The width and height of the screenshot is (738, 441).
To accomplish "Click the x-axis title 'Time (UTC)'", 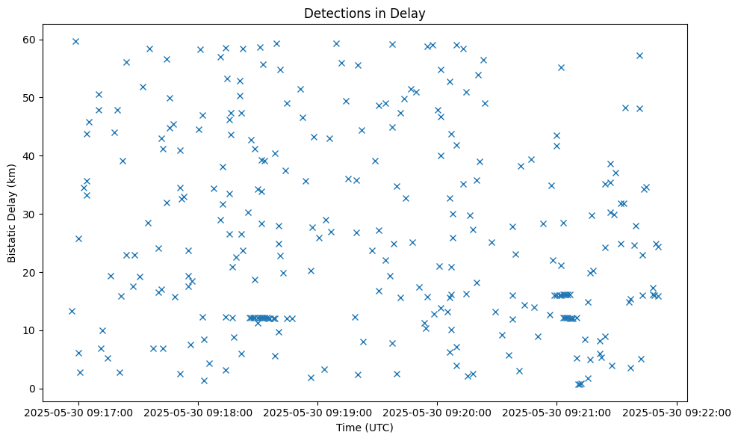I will [365, 428].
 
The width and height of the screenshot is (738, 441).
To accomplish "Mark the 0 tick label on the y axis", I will [38, 389].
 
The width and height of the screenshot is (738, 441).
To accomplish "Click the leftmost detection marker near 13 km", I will [72, 311].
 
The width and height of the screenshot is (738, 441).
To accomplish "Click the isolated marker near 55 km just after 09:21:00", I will [561, 67].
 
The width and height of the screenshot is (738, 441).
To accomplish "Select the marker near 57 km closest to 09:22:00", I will [639, 55].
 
